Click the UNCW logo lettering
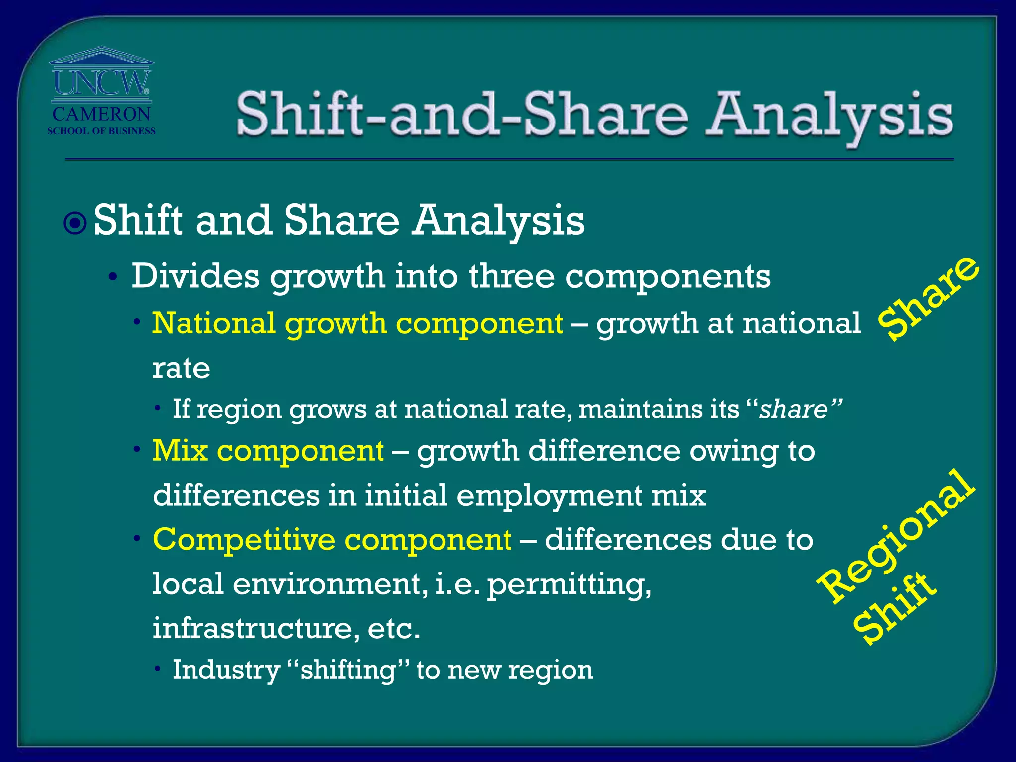(x=101, y=82)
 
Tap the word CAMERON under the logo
(x=101, y=114)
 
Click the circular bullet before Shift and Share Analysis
(x=75, y=223)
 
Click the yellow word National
(x=213, y=323)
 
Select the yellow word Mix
(x=180, y=451)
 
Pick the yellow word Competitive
(x=244, y=539)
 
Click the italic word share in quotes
(x=794, y=410)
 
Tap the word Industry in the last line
(x=226, y=670)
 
